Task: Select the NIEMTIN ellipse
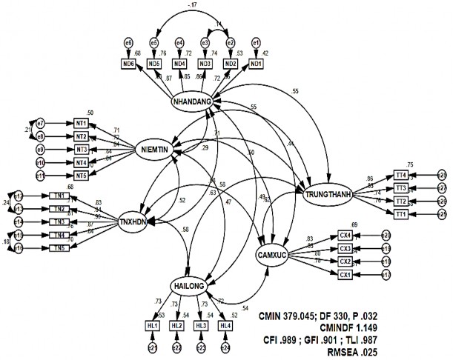coord(158,151)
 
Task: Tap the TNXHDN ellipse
coord(138,220)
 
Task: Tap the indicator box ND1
coord(256,64)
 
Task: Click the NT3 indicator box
coord(81,150)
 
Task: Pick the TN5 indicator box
coord(61,248)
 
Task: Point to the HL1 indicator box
coord(152,325)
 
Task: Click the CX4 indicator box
coord(345,235)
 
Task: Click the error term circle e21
coord(151,347)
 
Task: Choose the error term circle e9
coord(41,150)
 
